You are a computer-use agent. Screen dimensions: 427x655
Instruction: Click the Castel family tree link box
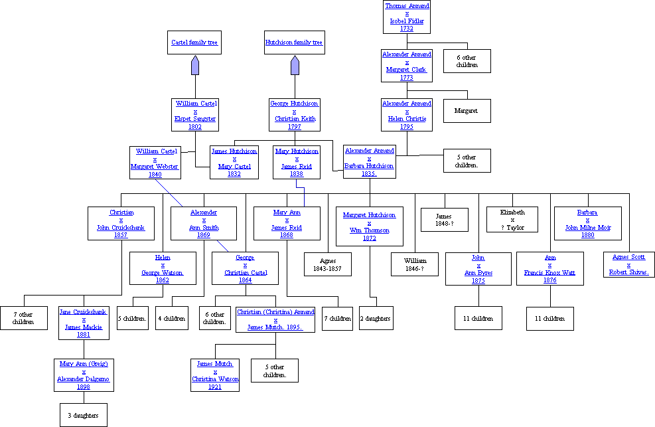coord(194,43)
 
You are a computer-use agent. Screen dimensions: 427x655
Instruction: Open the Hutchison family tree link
coord(294,43)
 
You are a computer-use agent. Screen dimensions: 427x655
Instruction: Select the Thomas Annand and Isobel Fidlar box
coord(407,17)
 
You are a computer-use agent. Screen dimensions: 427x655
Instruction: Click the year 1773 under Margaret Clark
coord(407,78)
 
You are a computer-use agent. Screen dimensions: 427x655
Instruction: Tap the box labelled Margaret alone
coord(467,111)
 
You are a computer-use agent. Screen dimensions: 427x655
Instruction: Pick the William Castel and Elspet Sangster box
coord(196,114)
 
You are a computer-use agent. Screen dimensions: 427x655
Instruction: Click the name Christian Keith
coord(295,119)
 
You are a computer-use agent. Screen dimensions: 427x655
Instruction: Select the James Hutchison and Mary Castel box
coord(234,163)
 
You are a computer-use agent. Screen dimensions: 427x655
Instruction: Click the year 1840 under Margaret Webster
coord(155,175)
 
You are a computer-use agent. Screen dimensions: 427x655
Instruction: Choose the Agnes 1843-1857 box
coord(328,264)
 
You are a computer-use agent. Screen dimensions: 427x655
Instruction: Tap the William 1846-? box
coord(415,264)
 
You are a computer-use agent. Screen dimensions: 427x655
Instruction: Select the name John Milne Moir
coord(587,228)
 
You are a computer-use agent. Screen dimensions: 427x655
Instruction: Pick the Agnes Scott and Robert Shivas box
coord(628,264)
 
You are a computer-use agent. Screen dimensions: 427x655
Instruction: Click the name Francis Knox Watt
coord(550,273)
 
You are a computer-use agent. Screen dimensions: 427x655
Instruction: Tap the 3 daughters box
coord(84,416)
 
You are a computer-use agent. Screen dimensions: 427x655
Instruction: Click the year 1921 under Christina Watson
coord(215,386)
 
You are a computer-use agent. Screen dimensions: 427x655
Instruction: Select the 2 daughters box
coord(376,318)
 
